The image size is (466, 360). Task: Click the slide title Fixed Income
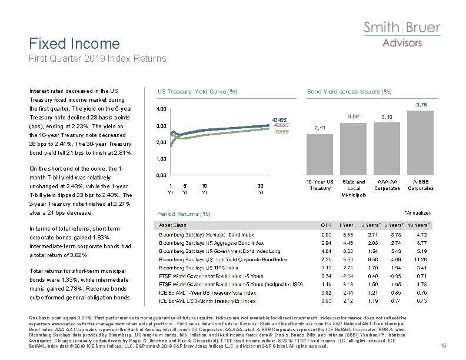[x=75, y=44]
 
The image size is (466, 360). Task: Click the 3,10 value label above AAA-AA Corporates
[x=387, y=118]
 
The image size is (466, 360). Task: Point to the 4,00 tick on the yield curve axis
[x=160, y=109]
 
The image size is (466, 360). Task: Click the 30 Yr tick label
[x=261, y=188]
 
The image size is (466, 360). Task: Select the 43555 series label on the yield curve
[x=279, y=131]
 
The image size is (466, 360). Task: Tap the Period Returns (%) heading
[x=180, y=213]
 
